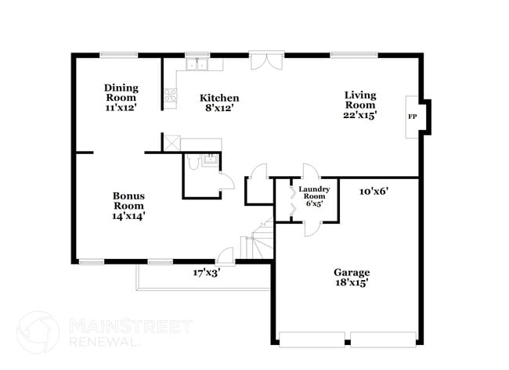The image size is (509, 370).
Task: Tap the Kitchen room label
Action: [219, 98]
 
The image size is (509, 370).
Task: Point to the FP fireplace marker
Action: [412, 117]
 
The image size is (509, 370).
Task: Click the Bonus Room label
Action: [128, 196]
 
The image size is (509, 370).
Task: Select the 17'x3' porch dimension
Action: [207, 273]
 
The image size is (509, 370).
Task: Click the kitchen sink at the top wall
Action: [196, 65]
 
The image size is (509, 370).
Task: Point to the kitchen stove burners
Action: [170, 98]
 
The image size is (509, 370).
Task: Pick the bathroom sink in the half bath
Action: [209, 160]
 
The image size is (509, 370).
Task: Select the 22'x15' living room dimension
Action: [360, 115]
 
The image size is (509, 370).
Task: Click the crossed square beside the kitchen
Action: [171, 142]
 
